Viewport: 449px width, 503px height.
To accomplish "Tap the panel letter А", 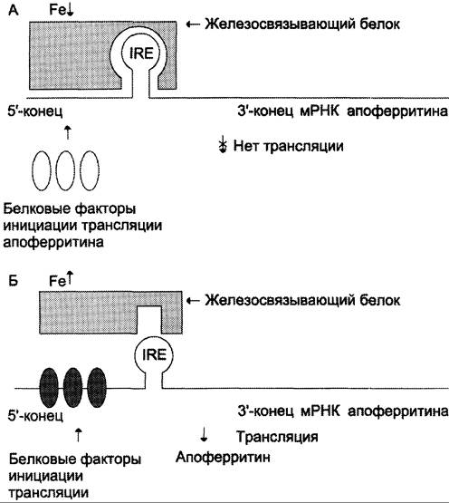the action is click(14, 10).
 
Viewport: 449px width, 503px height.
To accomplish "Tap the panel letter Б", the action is click(13, 281).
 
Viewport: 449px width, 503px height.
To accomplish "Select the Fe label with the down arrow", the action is click(62, 10).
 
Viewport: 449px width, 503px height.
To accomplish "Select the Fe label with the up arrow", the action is click(62, 279).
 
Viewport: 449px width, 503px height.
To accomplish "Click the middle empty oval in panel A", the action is click(65, 170).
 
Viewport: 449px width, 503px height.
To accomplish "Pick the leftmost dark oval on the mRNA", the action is click(49, 388).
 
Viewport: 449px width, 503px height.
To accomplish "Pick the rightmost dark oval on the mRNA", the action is click(97, 388).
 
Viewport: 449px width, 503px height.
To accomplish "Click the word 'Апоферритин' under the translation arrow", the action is click(223, 457).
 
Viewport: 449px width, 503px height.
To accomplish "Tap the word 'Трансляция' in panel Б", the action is click(277, 437).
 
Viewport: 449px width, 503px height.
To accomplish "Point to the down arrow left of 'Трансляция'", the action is click(204, 434).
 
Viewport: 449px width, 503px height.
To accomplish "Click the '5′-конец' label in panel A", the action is click(35, 111).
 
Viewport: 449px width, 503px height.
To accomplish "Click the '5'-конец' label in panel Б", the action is click(35, 416).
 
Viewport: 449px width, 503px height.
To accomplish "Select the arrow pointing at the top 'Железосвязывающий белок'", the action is click(193, 24).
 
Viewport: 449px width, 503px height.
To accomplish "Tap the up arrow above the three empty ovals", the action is click(67, 132).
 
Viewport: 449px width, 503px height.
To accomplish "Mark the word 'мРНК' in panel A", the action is click(320, 111).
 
